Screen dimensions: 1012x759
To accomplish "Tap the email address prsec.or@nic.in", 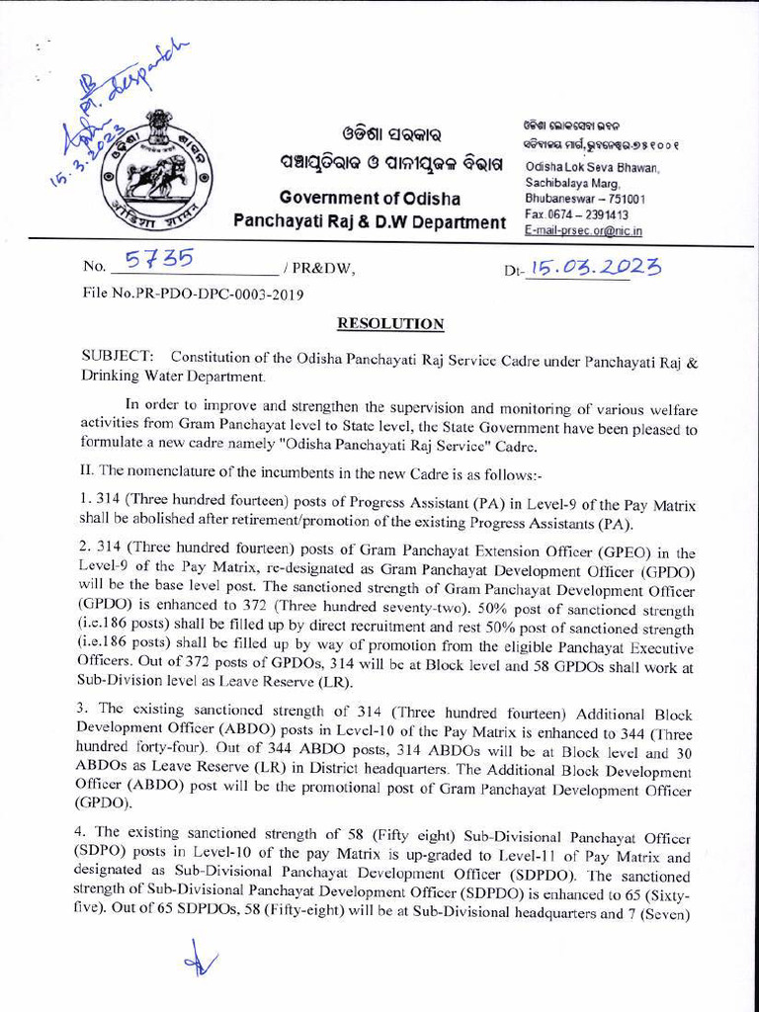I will (583, 230).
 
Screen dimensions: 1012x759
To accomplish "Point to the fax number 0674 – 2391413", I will (577, 214).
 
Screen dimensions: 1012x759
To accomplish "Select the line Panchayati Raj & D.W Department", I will (369, 222).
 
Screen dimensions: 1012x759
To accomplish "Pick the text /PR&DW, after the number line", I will (318, 268).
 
